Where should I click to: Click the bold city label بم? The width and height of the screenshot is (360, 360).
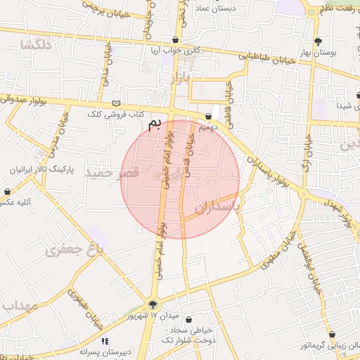pos(154,124)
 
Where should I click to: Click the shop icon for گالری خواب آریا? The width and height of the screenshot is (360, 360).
pos(175,39)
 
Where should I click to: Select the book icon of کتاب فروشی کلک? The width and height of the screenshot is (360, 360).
pos(116,103)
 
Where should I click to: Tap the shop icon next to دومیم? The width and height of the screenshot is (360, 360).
pos(209,117)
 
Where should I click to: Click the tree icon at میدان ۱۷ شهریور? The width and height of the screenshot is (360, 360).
pos(153,304)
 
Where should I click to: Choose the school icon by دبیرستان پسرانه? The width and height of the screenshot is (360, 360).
pos(105,341)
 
